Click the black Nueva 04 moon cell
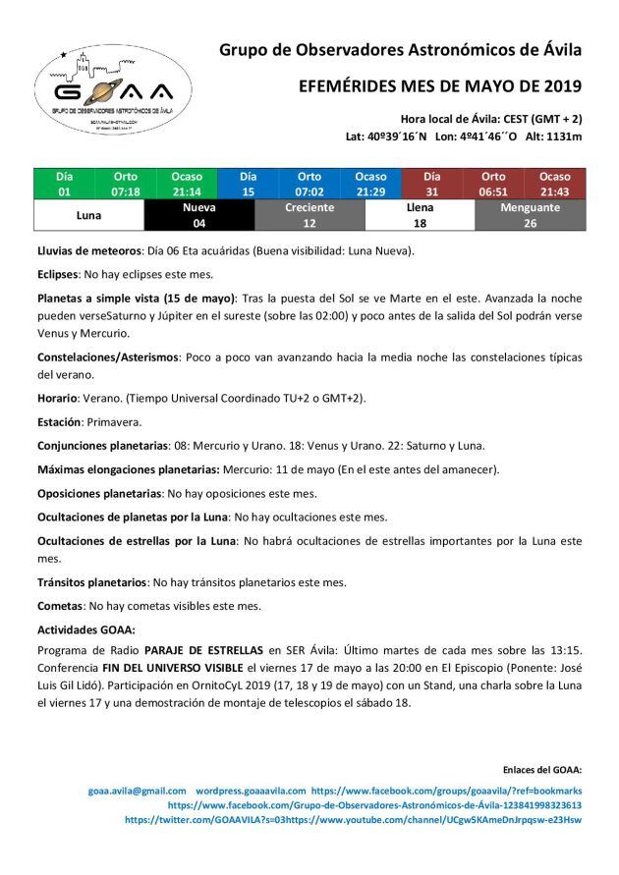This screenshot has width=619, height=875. (199, 215)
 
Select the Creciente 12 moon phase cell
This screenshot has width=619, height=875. (309, 215)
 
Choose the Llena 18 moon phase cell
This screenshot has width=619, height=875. (420, 215)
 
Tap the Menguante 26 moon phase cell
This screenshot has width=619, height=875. (530, 215)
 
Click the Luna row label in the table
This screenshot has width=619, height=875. (89, 215)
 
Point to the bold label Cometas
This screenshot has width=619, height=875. (61, 606)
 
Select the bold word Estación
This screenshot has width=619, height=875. (61, 421)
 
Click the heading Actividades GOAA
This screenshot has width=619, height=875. (85, 629)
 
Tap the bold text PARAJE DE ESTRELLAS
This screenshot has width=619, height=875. (203, 649)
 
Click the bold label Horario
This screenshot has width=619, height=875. (57, 398)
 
